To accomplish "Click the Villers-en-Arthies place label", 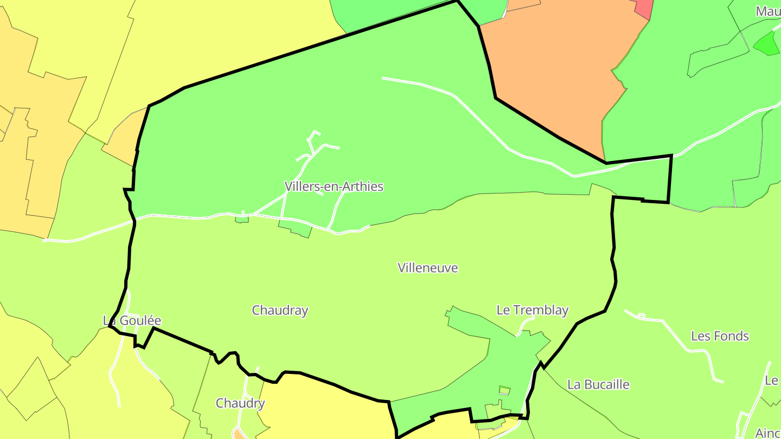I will point(334,187).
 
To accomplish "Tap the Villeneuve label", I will point(427,268).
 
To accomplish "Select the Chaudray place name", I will point(280,311).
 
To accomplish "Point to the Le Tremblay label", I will point(532,310).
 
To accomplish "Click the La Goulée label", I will point(132,321).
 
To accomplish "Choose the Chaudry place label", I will point(240,403).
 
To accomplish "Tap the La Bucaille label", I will point(598,385).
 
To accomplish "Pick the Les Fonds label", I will point(720,336).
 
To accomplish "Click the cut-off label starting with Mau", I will point(768,11).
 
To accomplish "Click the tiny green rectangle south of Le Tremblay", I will point(504,390).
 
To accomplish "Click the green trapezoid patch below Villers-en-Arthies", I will point(295,228).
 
